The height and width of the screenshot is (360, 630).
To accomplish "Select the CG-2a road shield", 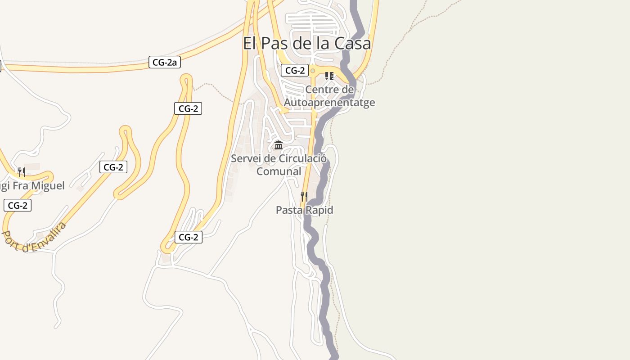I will point(164,63).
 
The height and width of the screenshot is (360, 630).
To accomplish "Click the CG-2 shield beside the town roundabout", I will point(295,70).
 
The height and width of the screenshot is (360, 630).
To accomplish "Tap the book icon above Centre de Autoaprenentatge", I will point(329,76).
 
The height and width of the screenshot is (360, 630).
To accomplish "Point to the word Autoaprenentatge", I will point(329,103).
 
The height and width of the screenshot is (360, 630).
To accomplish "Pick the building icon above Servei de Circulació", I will point(279,145).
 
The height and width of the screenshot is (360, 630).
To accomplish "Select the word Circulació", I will point(303,158).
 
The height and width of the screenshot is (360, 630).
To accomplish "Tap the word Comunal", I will point(279,171).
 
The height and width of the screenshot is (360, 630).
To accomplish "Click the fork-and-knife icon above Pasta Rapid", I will point(304,197).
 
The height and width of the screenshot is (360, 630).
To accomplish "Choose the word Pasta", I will point(289,210).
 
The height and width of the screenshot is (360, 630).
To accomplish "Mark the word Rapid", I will point(319,210).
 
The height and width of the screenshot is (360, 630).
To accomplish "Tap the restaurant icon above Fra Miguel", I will point(21,172).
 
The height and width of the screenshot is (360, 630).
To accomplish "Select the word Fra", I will point(20,185).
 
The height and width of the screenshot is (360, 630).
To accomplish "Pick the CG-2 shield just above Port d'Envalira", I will point(18,206).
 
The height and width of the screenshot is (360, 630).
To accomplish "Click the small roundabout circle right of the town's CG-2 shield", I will point(313,71).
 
